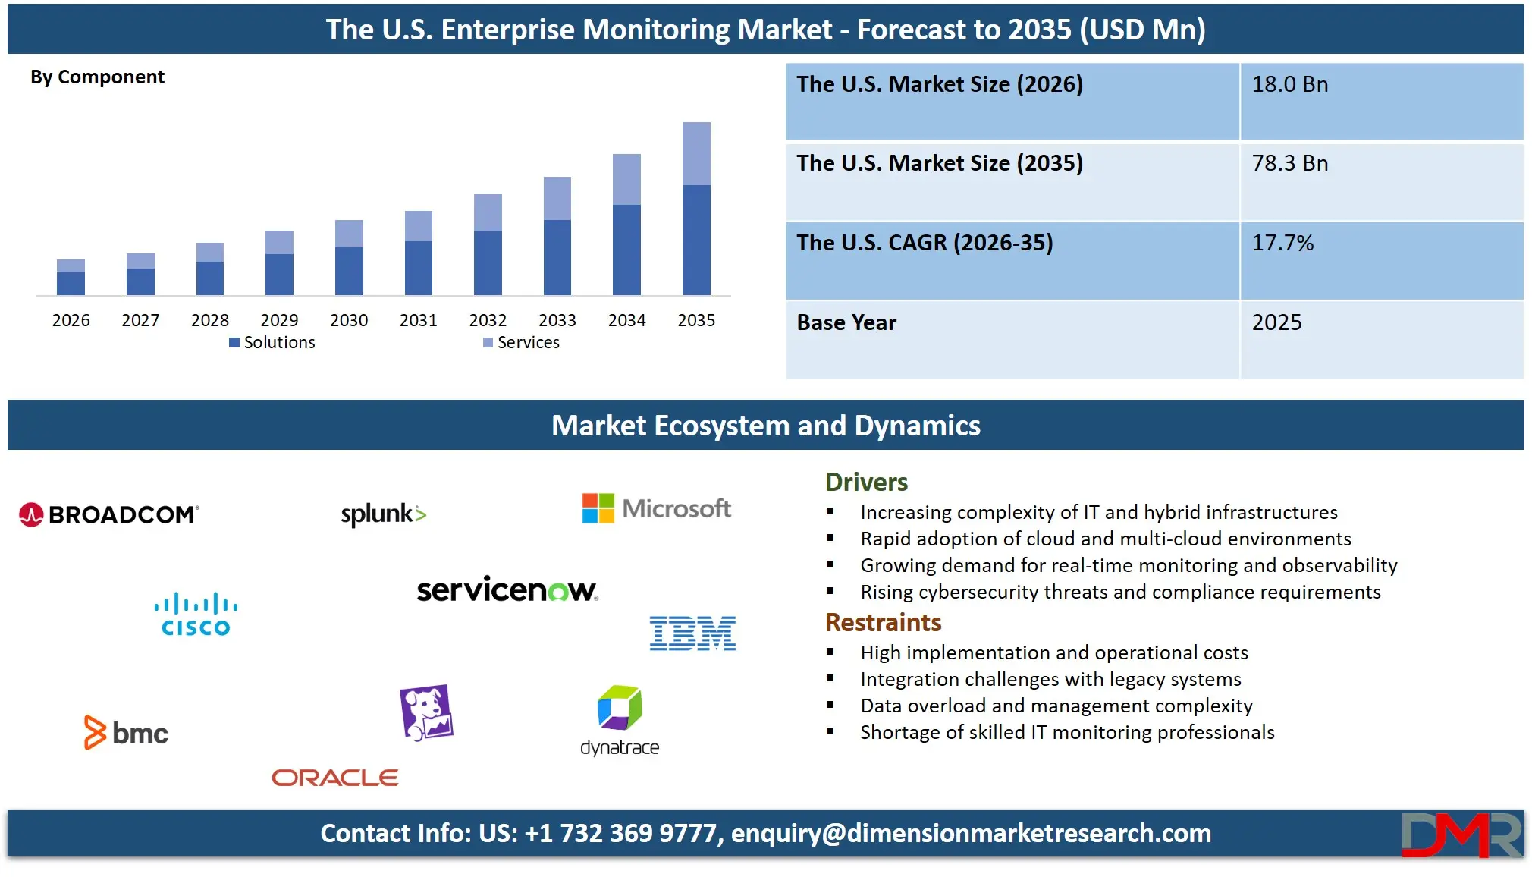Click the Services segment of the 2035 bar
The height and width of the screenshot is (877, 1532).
click(696, 154)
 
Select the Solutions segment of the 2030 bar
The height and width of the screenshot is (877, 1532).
click(349, 271)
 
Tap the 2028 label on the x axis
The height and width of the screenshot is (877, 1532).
click(210, 320)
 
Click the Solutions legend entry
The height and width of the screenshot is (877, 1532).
click(272, 343)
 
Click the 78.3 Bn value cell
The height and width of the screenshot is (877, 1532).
click(1289, 164)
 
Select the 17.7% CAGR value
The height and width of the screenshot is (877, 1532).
click(1282, 244)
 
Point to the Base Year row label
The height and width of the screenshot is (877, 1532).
click(846, 323)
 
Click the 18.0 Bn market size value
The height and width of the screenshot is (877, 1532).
click(1289, 85)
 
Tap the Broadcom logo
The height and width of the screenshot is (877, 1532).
click(109, 514)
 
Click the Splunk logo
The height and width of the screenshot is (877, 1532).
click(384, 514)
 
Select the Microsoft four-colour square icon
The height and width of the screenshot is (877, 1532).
click(598, 508)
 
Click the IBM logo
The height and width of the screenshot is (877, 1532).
click(692, 633)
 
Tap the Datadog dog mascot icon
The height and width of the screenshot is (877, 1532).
click(426, 712)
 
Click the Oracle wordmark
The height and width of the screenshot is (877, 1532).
click(335, 778)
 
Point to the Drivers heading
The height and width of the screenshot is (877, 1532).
click(866, 483)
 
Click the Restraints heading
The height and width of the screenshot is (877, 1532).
click(883, 623)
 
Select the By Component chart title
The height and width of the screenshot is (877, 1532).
click(97, 77)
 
